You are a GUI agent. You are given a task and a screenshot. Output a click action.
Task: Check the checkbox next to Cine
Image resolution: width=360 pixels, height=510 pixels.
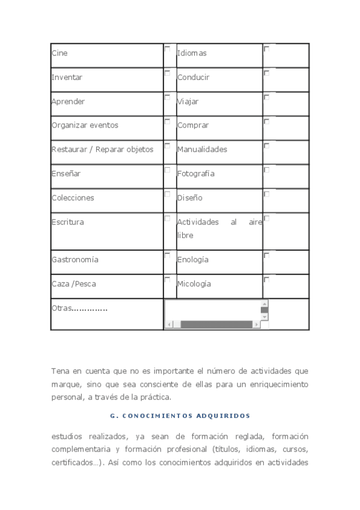pos(167,49)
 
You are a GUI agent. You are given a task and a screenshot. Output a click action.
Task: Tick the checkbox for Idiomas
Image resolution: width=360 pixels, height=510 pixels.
pos(266,49)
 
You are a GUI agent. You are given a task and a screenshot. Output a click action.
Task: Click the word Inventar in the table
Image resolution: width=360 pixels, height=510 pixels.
pos(67,78)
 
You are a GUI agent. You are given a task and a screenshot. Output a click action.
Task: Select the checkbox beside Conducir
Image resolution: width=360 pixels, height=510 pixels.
pos(266,73)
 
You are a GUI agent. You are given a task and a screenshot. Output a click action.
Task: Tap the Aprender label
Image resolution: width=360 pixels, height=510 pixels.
pos(68,102)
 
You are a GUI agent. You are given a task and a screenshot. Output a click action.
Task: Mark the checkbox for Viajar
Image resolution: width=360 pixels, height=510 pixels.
pos(266,97)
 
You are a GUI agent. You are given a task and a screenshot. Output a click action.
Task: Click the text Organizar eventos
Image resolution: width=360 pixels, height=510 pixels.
pos(85,126)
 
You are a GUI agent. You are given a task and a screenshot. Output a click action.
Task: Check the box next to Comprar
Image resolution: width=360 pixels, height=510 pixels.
pos(266,121)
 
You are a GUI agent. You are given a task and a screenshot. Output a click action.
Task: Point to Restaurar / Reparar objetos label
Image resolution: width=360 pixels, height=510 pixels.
pos(102,150)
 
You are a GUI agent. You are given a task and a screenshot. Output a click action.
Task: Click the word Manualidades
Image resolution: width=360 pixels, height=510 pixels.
pos(202,150)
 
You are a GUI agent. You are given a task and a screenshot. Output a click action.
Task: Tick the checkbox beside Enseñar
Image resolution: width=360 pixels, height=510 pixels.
pos(167,170)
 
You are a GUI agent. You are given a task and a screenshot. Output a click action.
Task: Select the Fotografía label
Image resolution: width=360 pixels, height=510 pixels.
pos(195,174)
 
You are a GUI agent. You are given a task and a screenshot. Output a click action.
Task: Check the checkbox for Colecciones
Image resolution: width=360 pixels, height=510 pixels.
pos(167,194)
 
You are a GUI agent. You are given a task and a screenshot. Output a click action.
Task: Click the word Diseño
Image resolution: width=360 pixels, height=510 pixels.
pos(189,198)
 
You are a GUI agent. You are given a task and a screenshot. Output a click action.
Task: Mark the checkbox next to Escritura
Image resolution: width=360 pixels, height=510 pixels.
pos(167,218)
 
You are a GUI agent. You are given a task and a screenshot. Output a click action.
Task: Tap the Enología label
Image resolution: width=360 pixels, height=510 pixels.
pos(192,260)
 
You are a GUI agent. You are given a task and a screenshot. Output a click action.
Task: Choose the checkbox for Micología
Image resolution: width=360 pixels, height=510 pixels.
pos(266,279)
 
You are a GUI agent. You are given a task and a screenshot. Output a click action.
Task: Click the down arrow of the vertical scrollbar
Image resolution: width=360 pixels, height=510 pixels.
pos(264,316)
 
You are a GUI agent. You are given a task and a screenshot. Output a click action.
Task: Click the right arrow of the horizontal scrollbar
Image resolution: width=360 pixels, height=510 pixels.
pos(257,325)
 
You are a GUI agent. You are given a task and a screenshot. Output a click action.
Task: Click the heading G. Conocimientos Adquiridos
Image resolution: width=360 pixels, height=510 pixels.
pos(180,416)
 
